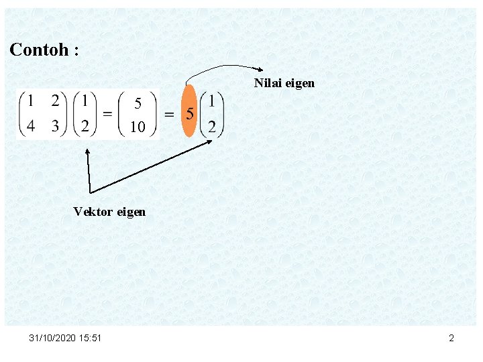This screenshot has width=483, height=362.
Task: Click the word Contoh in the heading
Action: [x=38, y=50]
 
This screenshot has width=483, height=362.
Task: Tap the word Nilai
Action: [x=268, y=83]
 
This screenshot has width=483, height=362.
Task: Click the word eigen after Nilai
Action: [x=300, y=84]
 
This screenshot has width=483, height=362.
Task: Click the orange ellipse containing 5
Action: [x=190, y=111]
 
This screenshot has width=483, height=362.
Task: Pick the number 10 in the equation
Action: [x=138, y=127]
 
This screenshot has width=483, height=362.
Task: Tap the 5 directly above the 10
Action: [x=138, y=103]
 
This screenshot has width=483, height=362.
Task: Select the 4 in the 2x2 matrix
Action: [x=31, y=125]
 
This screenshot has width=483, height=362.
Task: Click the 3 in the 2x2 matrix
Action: [x=55, y=125]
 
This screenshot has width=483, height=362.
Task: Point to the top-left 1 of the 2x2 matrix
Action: [x=31, y=101]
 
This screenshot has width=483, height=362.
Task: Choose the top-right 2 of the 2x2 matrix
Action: [x=55, y=101]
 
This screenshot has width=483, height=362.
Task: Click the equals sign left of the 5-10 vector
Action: [x=107, y=113]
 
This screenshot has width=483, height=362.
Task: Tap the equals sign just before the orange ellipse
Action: [x=170, y=114]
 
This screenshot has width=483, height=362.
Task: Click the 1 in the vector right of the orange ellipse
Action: [x=212, y=101]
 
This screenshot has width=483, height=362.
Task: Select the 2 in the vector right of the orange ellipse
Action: [x=212, y=126]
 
